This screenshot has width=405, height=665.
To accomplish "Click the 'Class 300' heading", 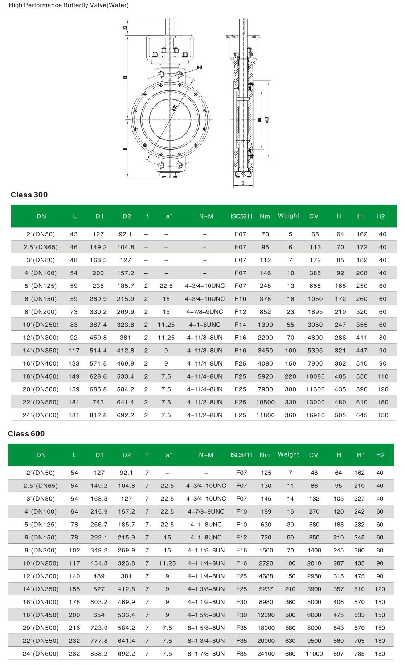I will [29, 195].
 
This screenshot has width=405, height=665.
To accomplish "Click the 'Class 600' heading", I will [26, 433].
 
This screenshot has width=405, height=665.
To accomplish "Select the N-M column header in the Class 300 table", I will [206, 216].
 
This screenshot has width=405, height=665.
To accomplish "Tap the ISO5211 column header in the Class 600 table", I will [241, 455].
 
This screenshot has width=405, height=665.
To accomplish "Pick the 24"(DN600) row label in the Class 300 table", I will [41, 415].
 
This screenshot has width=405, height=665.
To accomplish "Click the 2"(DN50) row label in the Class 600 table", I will [41, 473].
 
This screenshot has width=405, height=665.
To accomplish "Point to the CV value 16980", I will [315, 415].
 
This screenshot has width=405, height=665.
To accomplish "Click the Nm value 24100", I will [266, 653].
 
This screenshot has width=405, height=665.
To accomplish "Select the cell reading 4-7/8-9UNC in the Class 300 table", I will [205, 311].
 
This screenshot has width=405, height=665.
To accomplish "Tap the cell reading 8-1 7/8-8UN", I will [206, 653].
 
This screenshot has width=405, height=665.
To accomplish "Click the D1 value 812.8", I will [98, 415].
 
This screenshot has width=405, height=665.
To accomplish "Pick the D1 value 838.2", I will [99, 653].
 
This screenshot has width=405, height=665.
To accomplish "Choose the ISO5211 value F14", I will [240, 325].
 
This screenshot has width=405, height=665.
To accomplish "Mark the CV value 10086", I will [315, 376].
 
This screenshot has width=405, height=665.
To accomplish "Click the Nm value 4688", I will [266, 576].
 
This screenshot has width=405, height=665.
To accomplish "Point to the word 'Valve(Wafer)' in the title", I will [110, 5].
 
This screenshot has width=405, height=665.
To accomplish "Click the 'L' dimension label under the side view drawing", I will [243, 184].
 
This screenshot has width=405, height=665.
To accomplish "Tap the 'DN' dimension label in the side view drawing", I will [260, 119].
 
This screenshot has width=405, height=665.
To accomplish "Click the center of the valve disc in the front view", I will [170, 119].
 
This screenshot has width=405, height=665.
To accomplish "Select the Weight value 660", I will [290, 653].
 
